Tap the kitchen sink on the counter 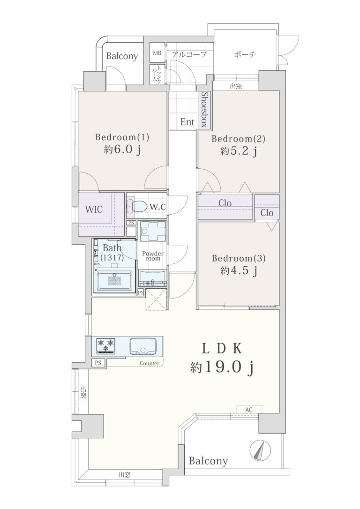(x=143, y=346)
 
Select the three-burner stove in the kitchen (x=106, y=346)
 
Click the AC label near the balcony (x=248, y=410)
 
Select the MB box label (x=157, y=52)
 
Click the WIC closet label (x=94, y=209)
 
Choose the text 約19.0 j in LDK (x=222, y=367)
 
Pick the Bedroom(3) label (x=239, y=258)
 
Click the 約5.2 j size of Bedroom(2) (x=239, y=151)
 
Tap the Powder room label (x=152, y=256)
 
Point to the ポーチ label (x=245, y=54)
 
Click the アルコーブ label (x=189, y=54)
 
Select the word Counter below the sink (x=150, y=363)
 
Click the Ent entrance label (x=187, y=122)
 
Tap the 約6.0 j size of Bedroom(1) (x=122, y=150)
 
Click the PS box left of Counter (x=98, y=363)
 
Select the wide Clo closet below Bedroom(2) (x=225, y=206)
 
